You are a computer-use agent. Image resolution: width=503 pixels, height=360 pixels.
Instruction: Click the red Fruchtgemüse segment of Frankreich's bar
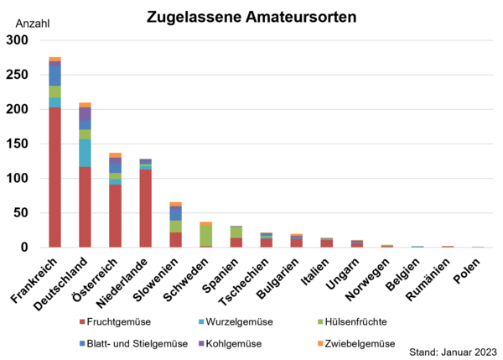54,177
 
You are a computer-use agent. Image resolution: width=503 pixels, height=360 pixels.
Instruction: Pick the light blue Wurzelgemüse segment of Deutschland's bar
85,153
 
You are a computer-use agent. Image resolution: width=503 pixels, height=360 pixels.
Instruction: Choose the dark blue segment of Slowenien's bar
175,213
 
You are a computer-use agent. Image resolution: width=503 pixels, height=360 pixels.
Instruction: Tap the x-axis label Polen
469,272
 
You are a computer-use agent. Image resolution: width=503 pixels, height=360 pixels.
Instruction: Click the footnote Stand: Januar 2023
453,352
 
